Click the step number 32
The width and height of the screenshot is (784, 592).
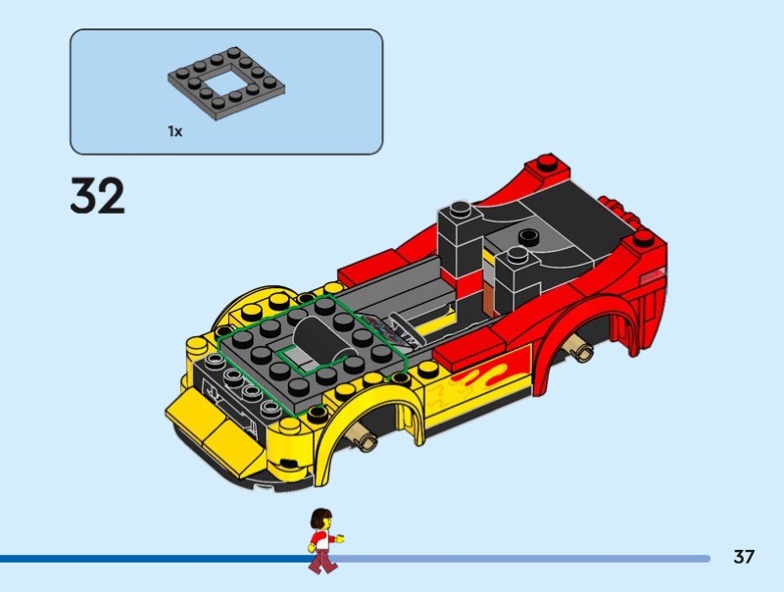[x=97, y=195]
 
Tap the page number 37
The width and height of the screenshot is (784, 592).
[x=744, y=557]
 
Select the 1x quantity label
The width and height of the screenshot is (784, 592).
[x=175, y=131]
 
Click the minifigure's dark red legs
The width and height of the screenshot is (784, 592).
[x=321, y=561]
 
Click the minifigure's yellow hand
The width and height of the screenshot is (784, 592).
[x=340, y=539]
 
